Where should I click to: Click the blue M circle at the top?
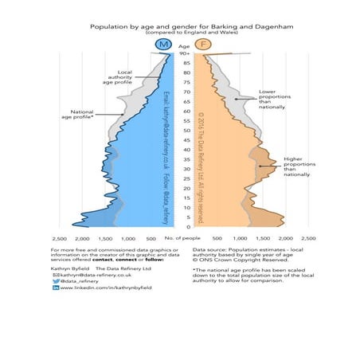[164, 45]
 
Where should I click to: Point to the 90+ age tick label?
[185, 53]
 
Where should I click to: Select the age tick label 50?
[185, 131]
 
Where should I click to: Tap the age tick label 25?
[185, 179]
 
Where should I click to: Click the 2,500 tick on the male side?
[59, 238]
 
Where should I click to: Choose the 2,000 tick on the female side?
[287, 238]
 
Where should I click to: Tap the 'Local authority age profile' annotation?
[118, 76]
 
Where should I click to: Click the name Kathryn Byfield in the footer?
[68, 266]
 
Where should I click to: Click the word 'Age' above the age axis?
[185, 45]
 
